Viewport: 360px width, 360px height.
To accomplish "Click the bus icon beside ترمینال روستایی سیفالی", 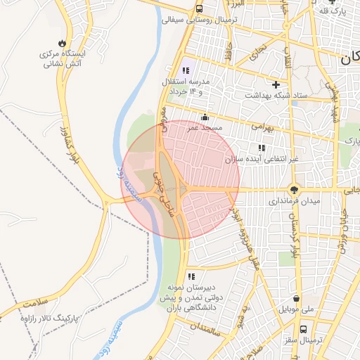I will pos(200,9).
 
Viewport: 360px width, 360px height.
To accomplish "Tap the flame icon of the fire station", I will pos(64,42).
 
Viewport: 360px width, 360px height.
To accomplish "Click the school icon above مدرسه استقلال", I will pos(186,70).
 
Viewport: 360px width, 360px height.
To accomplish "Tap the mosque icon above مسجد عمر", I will pos(205,117).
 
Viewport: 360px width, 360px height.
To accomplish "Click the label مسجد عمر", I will pos(205,129).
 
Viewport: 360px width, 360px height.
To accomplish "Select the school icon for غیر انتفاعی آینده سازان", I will pos(262,148).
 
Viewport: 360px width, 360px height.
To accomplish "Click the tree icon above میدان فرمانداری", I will pos(295,189).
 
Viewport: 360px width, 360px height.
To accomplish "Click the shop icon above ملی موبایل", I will pos(296,297).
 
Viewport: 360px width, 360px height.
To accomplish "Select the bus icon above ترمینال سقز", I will pos(303,328).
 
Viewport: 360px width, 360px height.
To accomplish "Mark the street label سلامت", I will pos(38,303).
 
